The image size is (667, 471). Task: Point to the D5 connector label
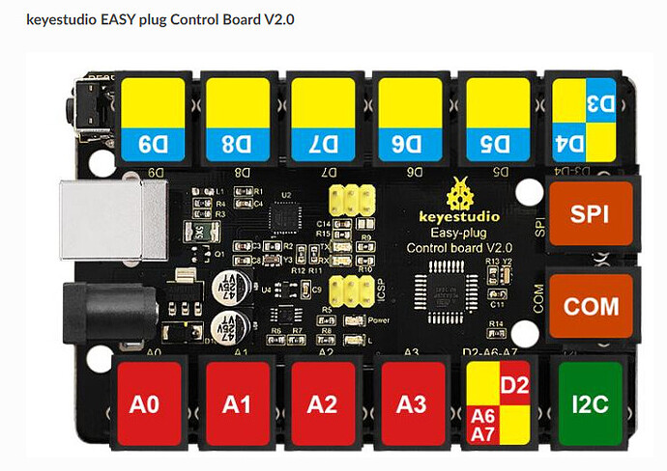point(496,147)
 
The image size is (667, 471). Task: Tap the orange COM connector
point(591,306)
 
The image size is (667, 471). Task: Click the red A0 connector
point(144,403)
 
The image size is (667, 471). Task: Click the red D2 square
point(513,387)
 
